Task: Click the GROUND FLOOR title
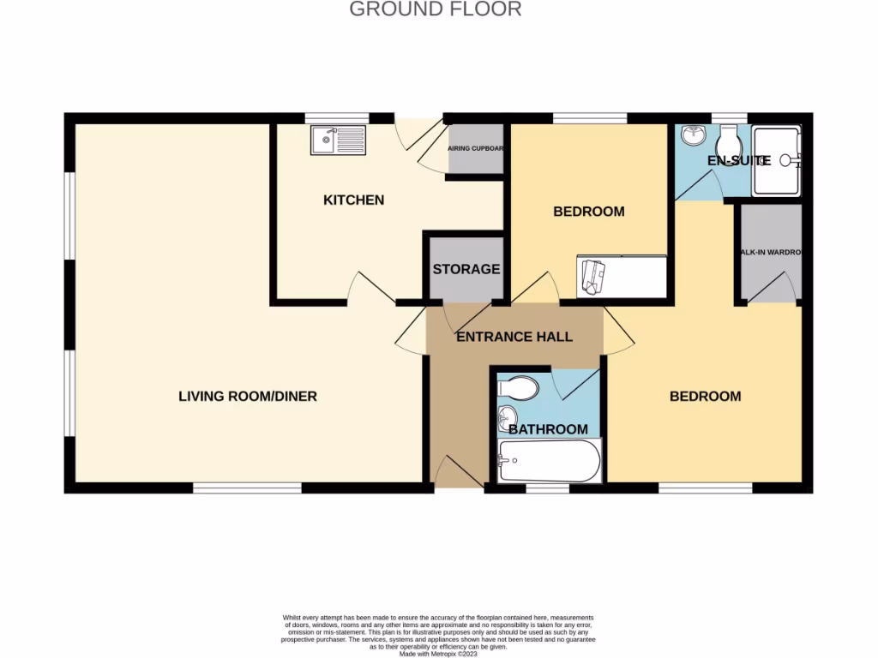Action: click(x=436, y=9)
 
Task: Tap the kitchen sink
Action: click(x=338, y=140)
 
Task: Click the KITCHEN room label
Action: click(x=353, y=200)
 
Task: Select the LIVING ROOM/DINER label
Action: click(x=248, y=396)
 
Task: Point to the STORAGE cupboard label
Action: click(x=466, y=269)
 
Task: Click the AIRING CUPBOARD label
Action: click(x=476, y=148)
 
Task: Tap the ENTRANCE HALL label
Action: click(x=514, y=337)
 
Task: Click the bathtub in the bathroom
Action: click(x=550, y=463)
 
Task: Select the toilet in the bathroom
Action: click(x=518, y=389)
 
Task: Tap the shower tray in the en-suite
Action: click(x=775, y=160)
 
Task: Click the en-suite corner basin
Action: click(x=691, y=135)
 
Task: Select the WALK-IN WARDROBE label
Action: click(x=771, y=253)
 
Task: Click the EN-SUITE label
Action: click(x=738, y=160)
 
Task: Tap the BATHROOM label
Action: click(x=548, y=429)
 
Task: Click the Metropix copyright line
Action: click(x=438, y=654)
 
